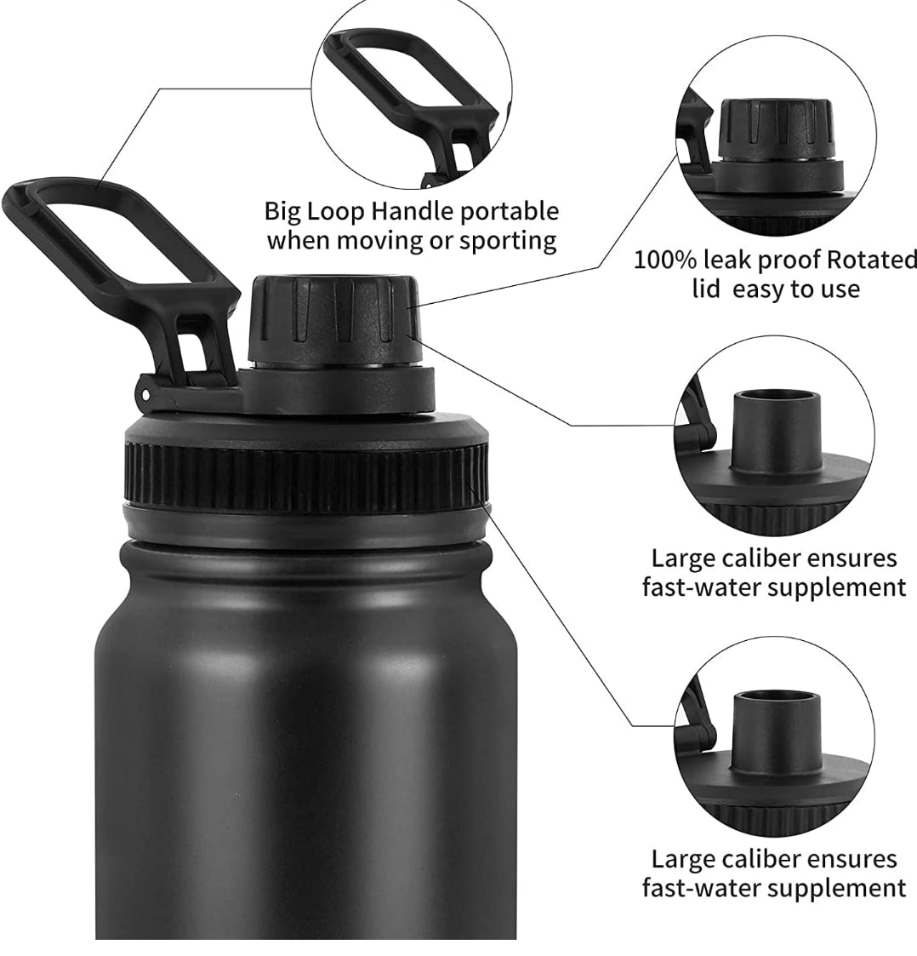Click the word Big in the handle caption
pos(282,213)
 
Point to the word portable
pos(509,213)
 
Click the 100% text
pos(664,260)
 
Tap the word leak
pos(726,260)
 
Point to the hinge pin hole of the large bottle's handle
pos(145,395)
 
